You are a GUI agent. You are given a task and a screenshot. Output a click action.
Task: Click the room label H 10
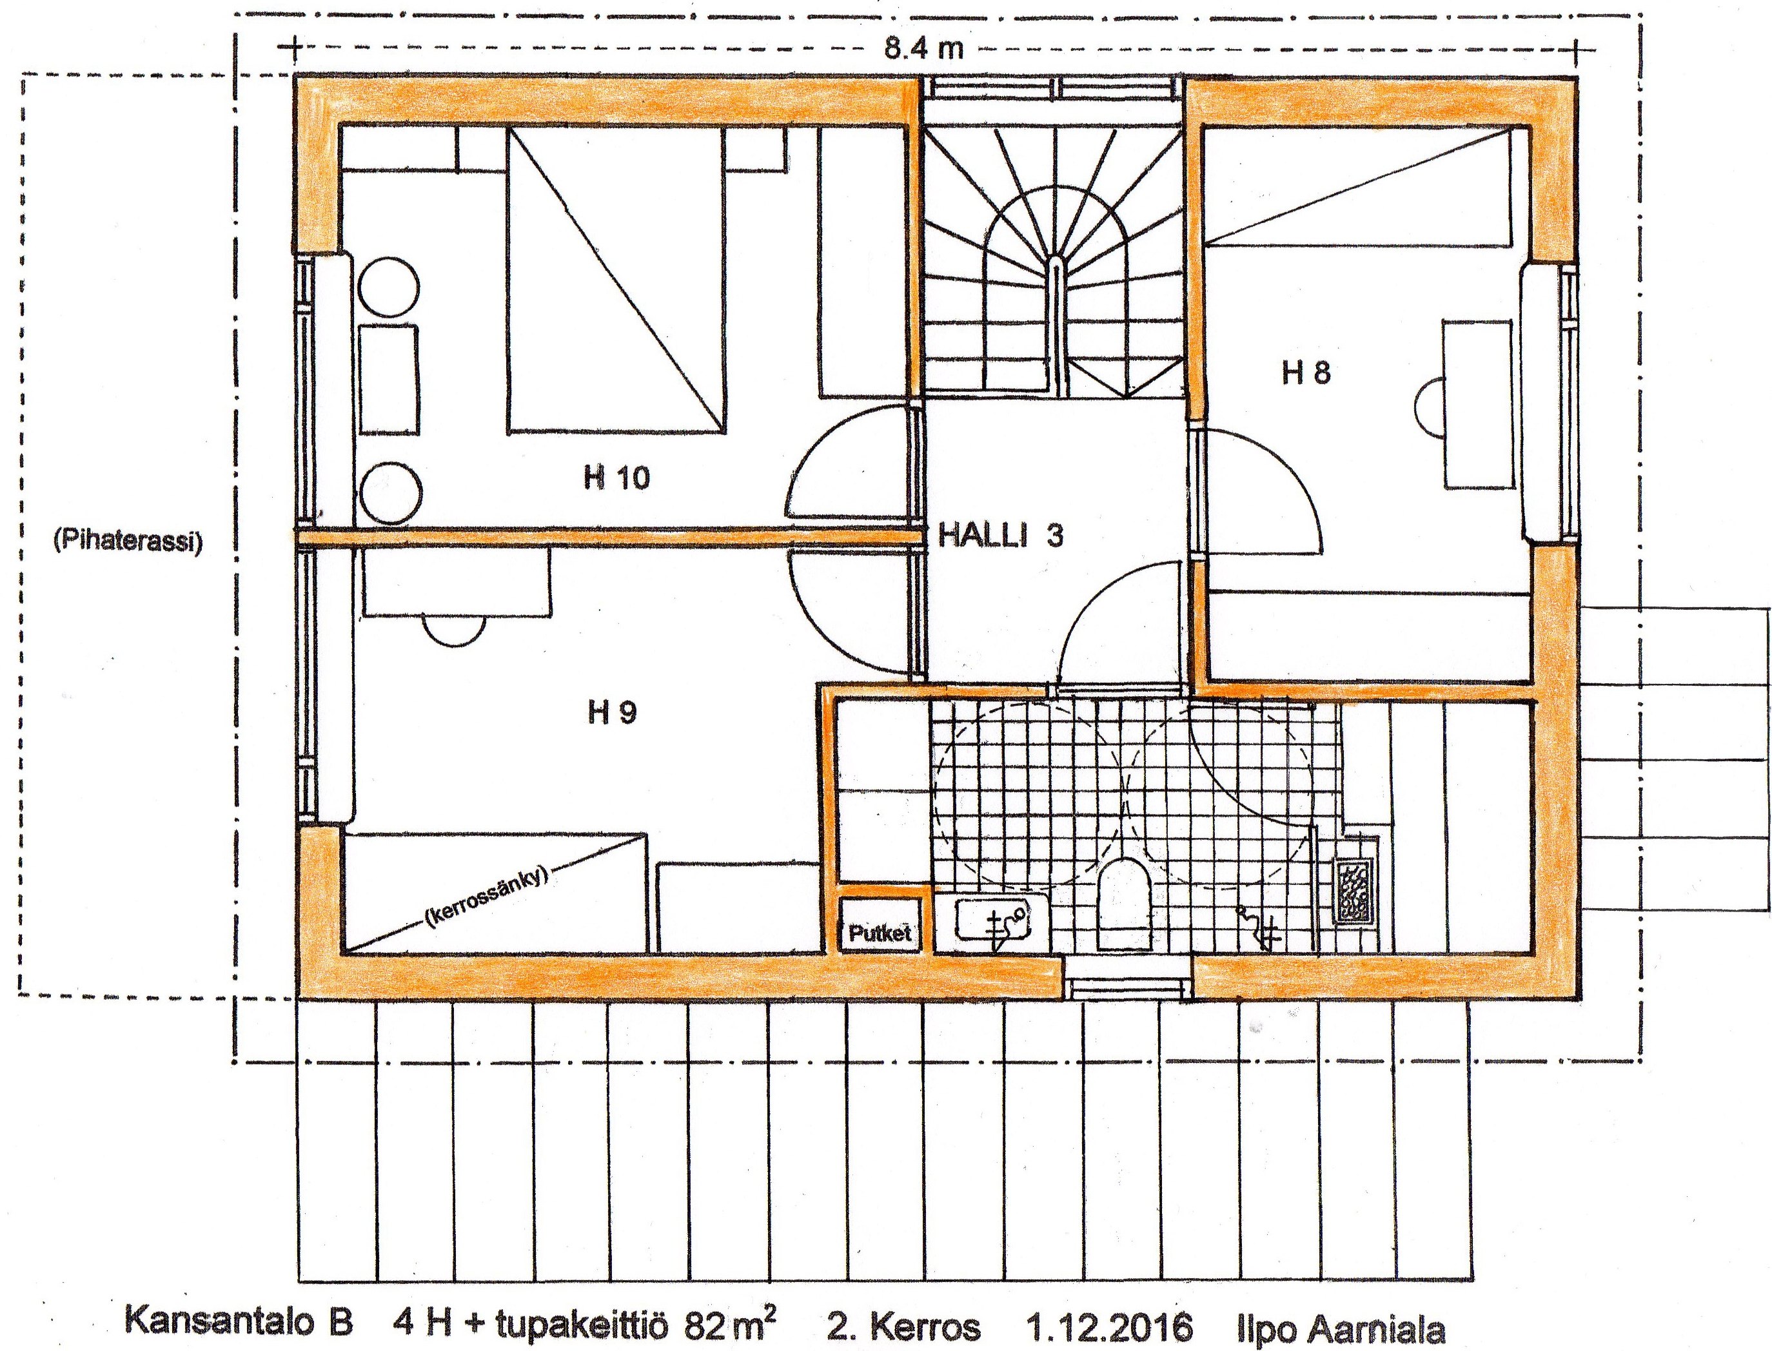tap(616, 478)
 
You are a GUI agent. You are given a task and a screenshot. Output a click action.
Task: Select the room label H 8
tap(1306, 373)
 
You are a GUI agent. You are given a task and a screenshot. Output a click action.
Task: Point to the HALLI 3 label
tap(1001, 536)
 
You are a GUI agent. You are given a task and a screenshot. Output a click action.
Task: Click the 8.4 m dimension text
tap(924, 48)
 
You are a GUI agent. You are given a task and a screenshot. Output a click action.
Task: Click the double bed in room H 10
tap(615, 282)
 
